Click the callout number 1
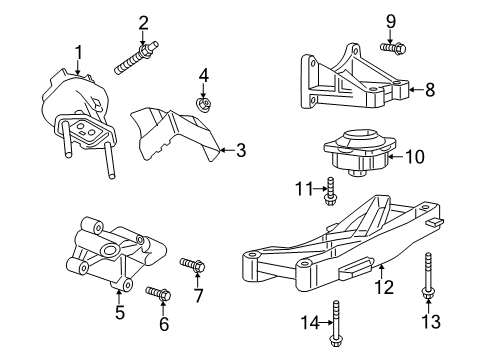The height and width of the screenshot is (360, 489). tap(76, 51)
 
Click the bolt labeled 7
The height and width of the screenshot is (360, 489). tap(193, 266)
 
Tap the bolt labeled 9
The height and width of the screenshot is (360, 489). tap(391, 46)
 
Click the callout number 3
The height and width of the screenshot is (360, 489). tap(240, 151)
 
